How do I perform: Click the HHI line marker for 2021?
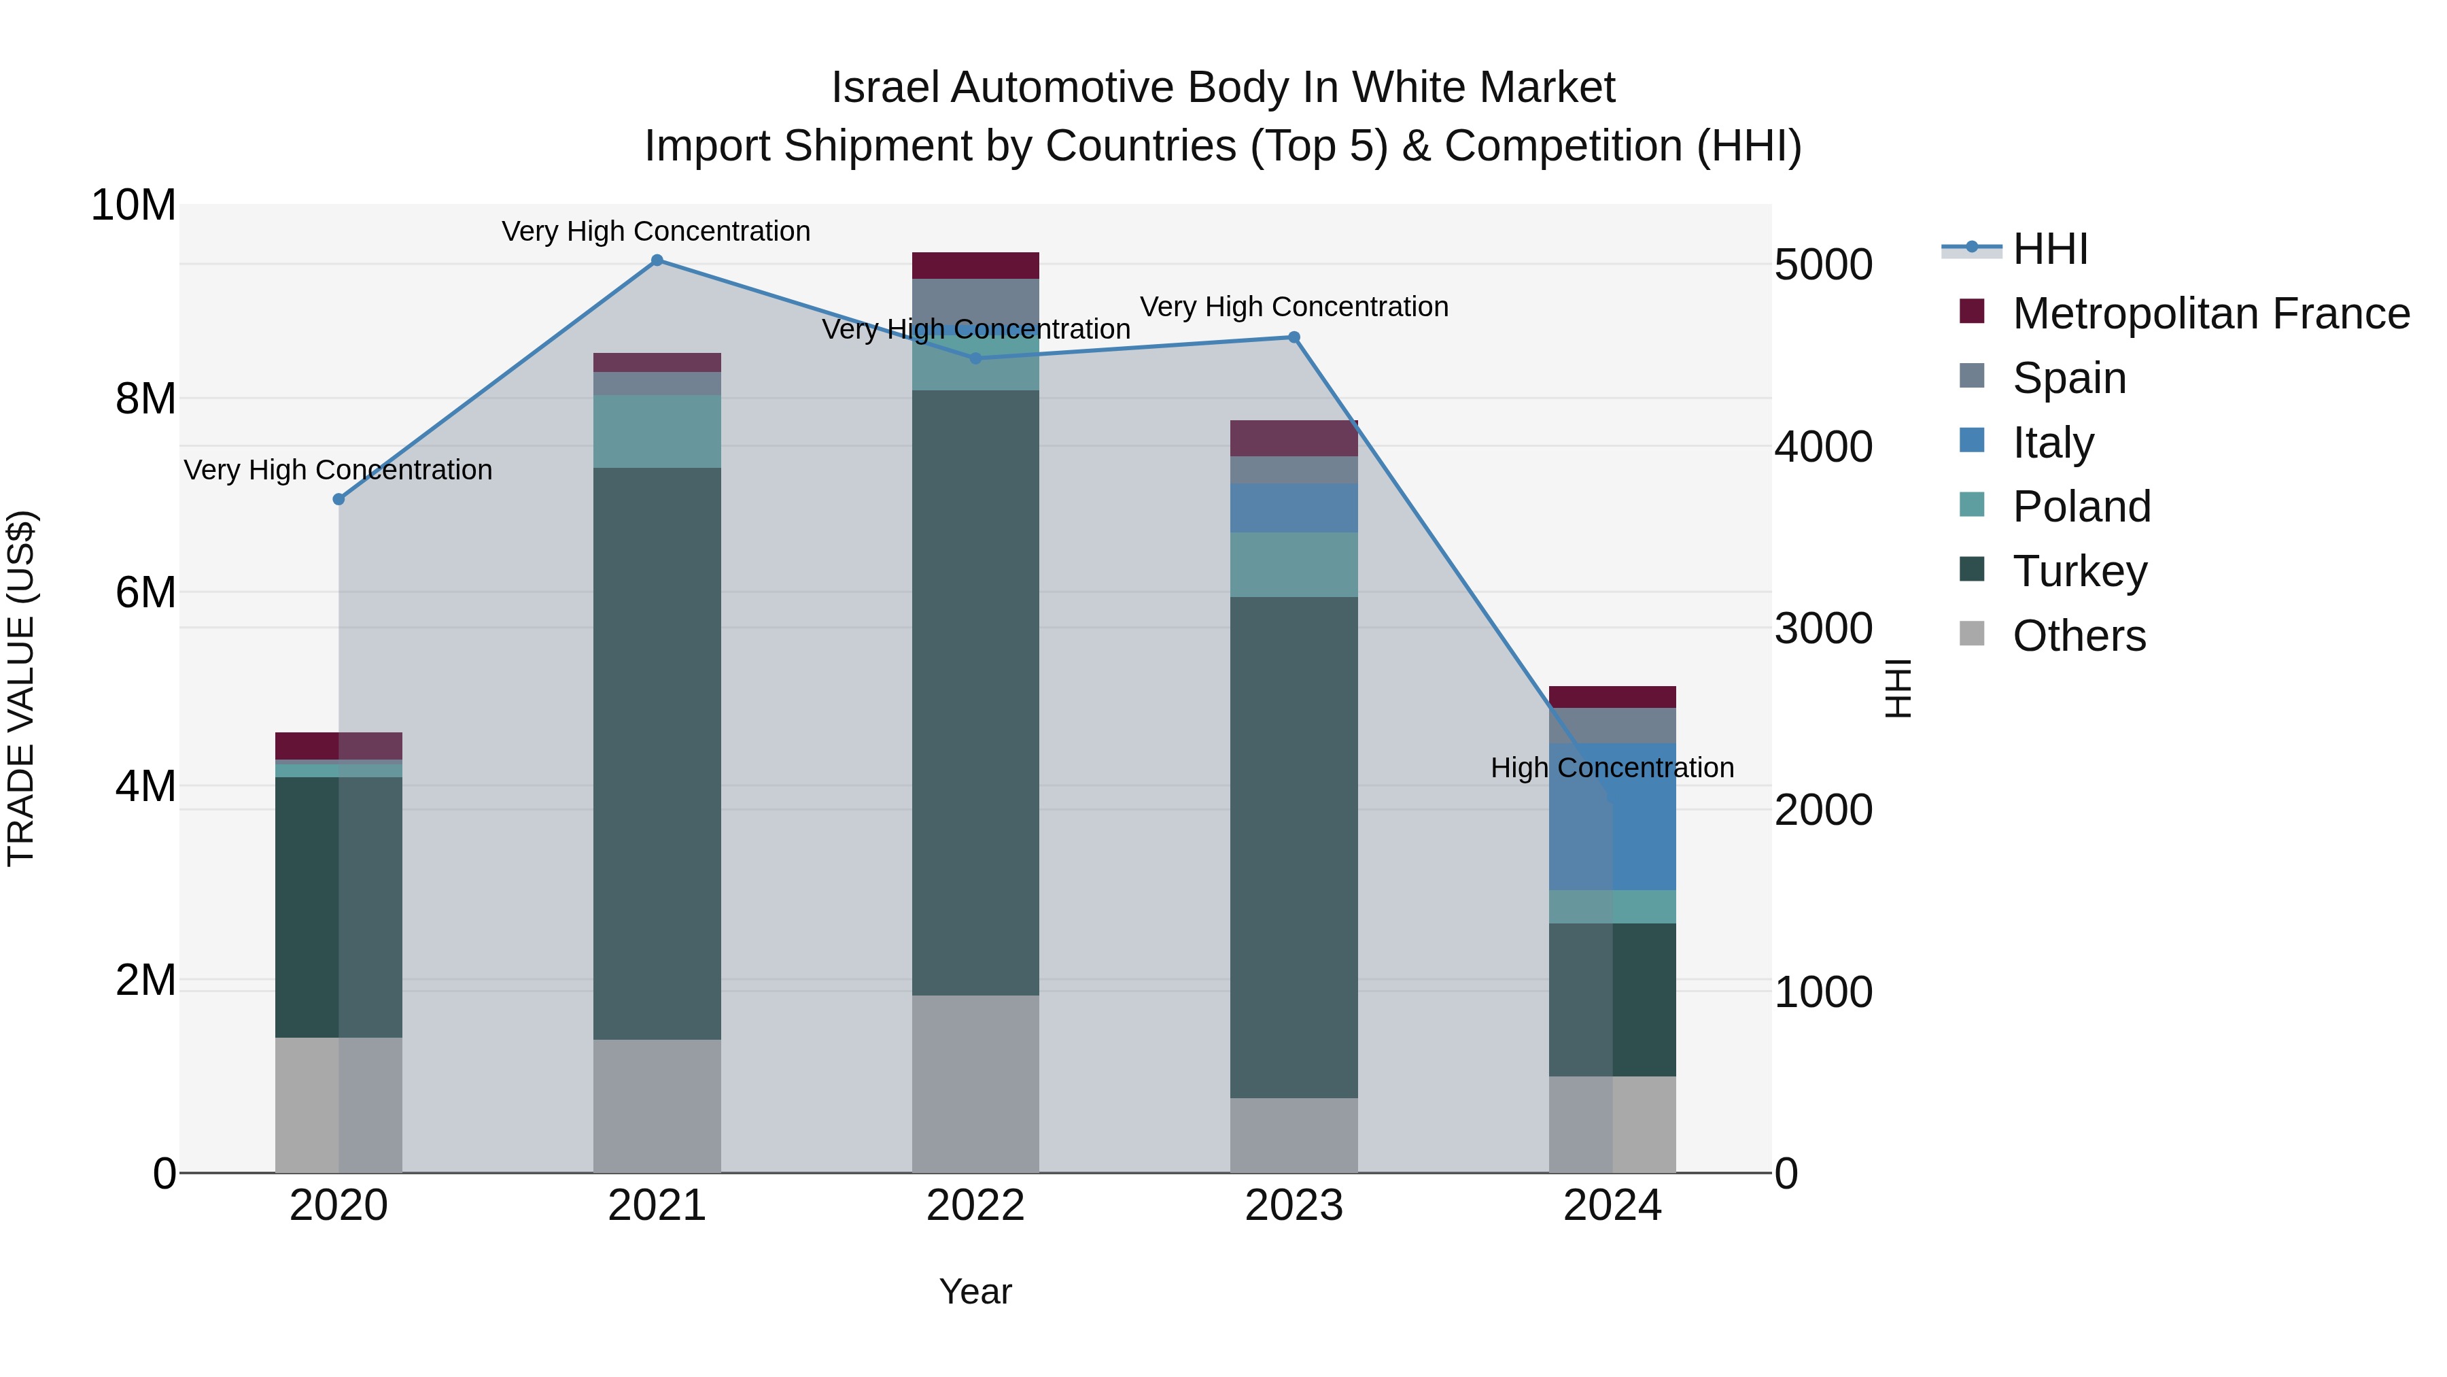click(x=657, y=260)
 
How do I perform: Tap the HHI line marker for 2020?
click(x=339, y=499)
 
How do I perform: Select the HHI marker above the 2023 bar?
click(x=1294, y=337)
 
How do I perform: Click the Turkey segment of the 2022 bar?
click(x=975, y=694)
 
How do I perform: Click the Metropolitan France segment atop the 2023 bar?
click(x=1294, y=438)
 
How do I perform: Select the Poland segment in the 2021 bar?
click(x=657, y=431)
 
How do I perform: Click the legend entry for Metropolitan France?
click(x=2210, y=313)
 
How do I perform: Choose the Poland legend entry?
click(x=2081, y=507)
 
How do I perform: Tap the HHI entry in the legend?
click(x=2050, y=249)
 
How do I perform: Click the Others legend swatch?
click(x=1972, y=634)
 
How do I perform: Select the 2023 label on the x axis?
click(x=1294, y=1206)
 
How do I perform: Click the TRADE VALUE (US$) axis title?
click(x=21, y=688)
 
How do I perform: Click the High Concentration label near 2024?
click(x=1612, y=768)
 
